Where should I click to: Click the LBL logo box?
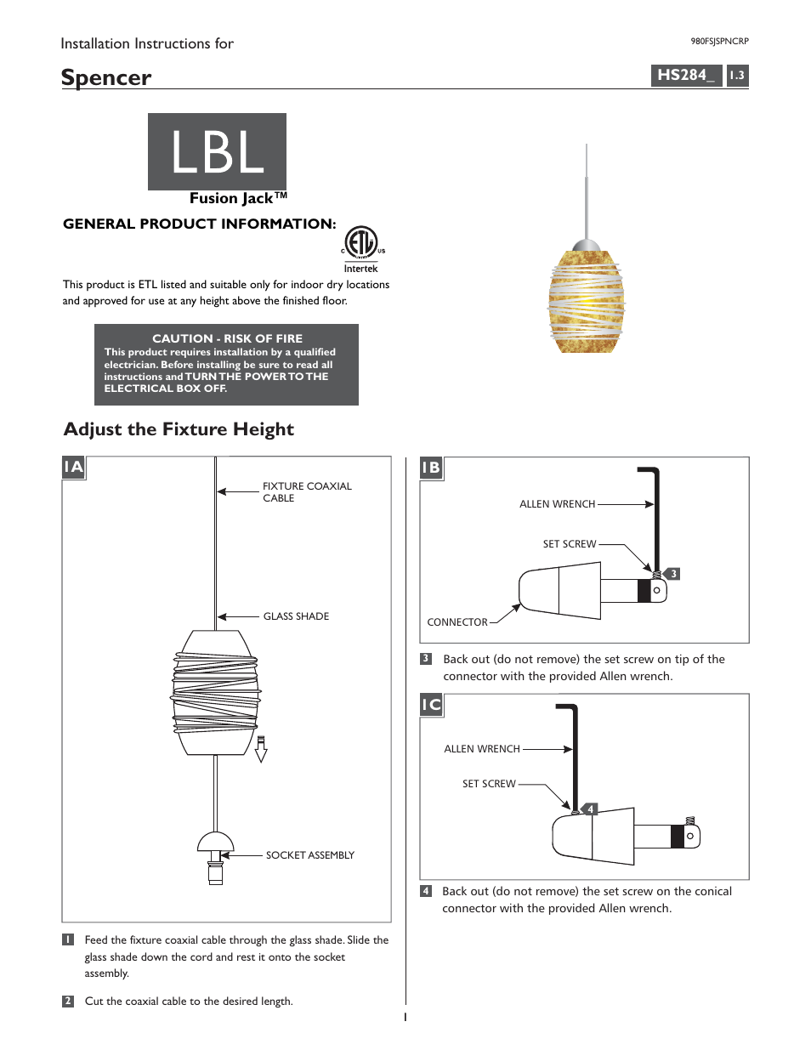217,152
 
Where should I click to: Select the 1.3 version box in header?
737,76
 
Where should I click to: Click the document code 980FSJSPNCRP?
719,41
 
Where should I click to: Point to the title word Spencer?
106,77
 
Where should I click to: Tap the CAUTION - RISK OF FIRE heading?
227,338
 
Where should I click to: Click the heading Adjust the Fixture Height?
179,429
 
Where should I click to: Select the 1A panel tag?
74,468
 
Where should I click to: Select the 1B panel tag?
431,468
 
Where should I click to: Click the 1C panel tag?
431,705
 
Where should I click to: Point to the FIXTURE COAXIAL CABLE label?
306,492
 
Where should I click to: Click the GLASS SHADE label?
296,616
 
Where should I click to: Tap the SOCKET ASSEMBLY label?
309,855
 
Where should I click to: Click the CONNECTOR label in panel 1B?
457,622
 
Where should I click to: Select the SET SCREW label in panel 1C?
489,784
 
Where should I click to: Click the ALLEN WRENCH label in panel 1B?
557,504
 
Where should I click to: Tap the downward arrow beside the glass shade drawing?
261,749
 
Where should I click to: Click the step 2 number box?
68,1002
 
